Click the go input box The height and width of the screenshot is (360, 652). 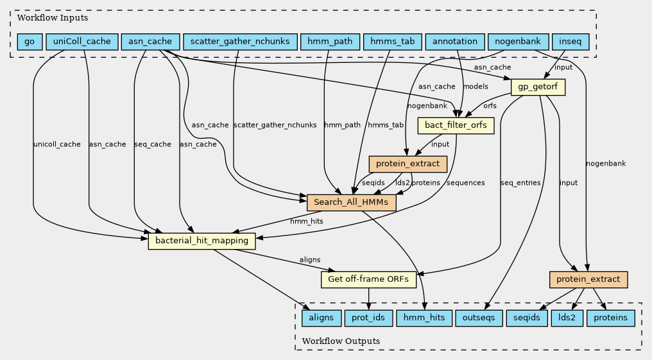point(30,42)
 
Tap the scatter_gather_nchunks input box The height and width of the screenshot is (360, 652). point(240,42)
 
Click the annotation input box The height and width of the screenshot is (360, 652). point(455,42)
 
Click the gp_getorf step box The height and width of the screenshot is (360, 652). point(538,87)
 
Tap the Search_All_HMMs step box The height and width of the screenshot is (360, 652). point(352,202)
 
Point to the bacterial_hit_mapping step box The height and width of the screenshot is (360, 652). point(202,241)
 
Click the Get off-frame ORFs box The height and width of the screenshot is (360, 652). point(369,280)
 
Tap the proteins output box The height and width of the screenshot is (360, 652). point(611,318)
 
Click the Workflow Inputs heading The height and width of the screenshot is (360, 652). point(53,18)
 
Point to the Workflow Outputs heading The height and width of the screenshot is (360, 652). point(341,341)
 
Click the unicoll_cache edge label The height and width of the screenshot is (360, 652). point(56,144)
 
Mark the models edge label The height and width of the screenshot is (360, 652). point(476,87)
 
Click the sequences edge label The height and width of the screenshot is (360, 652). point(465,183)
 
